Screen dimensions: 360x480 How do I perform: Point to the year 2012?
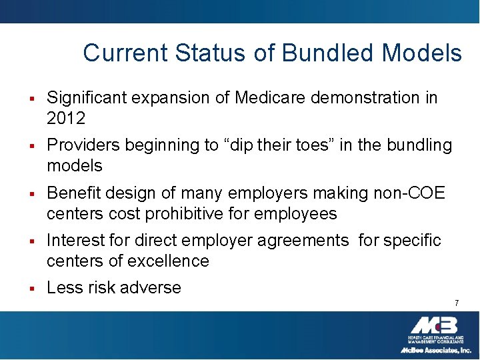(x=66, y=119)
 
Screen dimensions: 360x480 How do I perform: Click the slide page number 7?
(x=457, y=303)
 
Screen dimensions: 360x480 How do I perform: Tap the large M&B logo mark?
(x=433, y=326)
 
